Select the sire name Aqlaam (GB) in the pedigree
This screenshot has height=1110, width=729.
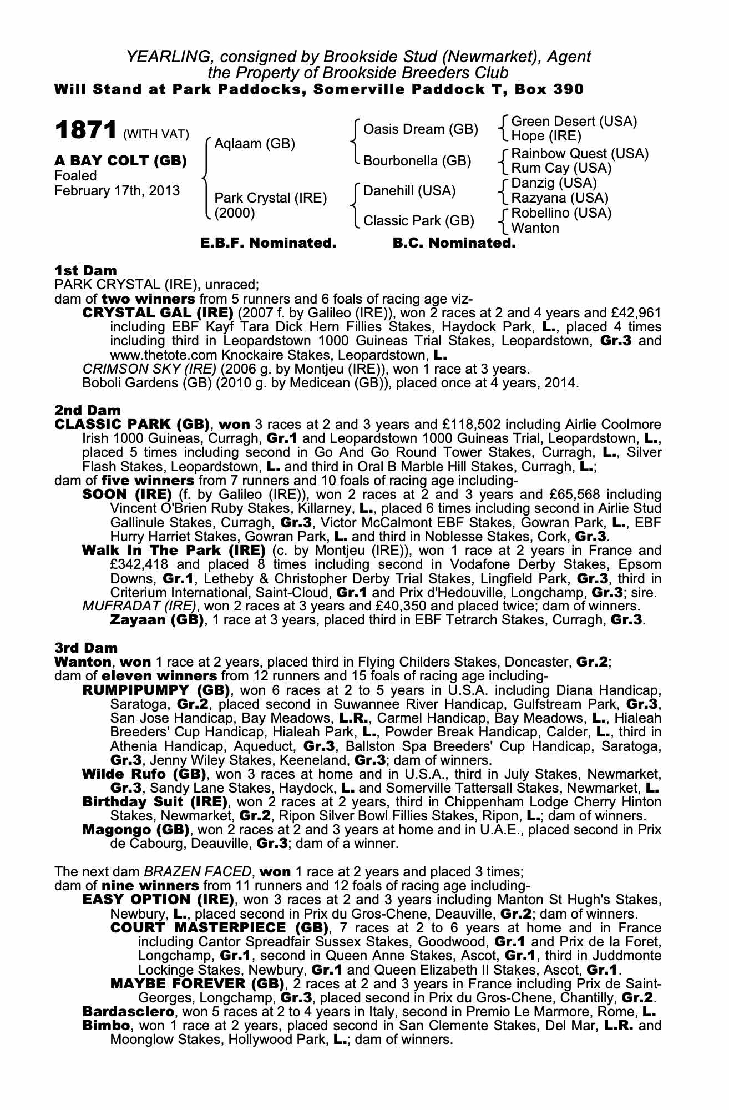point(255,144)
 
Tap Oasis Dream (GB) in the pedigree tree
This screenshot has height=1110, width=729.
point(420,129)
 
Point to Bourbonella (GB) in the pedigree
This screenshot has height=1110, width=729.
point(417,161)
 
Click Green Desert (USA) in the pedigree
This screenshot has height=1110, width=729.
point(574,122)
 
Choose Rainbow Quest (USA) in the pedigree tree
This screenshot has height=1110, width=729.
point(579,153)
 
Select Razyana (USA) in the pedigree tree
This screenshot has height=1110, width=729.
point(559,198)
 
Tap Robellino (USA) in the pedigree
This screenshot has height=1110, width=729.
point(561,213)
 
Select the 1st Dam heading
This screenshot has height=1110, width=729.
point(85,270)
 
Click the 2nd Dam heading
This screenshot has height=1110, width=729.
point(87,410)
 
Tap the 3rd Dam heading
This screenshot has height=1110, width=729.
point(87,647)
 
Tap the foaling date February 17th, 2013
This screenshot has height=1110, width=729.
point(117,191)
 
